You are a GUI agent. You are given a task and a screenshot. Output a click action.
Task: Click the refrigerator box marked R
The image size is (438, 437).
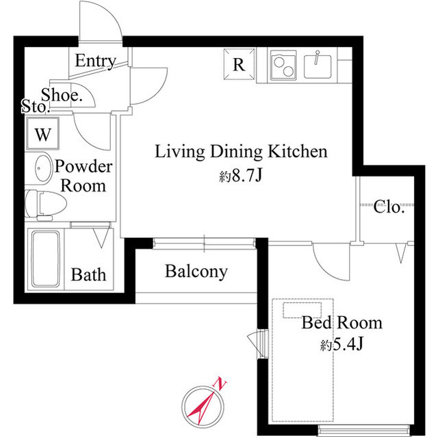240,64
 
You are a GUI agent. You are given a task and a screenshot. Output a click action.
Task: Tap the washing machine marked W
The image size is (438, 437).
42,133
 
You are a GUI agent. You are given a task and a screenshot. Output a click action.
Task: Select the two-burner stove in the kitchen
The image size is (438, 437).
283,65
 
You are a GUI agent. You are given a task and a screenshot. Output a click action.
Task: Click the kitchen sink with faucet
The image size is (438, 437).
318,65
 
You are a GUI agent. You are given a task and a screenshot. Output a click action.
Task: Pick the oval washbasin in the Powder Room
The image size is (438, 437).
43,168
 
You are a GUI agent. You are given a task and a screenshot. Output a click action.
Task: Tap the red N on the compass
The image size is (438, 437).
220,384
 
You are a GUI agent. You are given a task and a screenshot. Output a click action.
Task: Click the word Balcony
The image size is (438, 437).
196,272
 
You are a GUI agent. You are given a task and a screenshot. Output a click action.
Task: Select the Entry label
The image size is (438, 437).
96,61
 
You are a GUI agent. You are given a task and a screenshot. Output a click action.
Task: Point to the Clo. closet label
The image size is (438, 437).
389,207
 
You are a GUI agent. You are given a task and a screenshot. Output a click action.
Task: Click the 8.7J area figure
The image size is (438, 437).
247,176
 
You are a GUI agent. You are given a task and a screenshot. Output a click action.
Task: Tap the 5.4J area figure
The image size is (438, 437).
348,345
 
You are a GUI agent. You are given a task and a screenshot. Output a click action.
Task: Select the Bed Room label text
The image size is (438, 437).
342,323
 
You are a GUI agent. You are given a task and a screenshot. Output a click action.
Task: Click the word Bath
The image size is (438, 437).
88,275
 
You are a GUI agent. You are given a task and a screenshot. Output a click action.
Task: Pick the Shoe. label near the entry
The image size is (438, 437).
62,95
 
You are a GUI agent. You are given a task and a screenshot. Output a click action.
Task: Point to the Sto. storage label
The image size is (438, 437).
36,106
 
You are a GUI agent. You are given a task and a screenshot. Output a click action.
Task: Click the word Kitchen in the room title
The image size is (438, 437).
298,152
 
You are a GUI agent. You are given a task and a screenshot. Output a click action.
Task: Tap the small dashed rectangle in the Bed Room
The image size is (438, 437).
302,310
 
